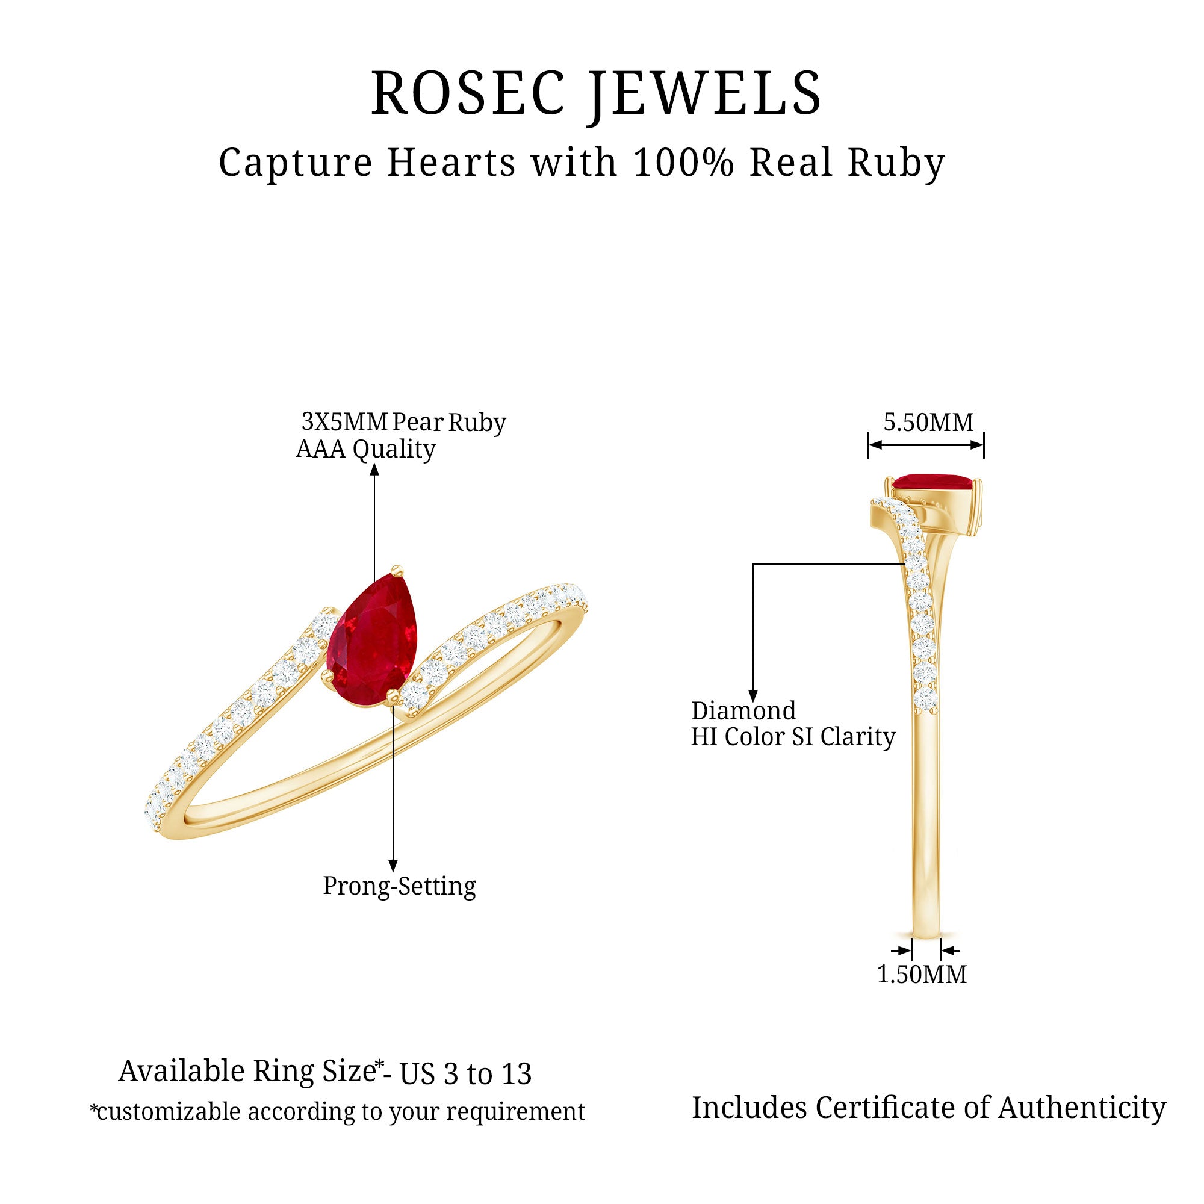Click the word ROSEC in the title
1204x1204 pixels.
pyautogui.click(x=468, y=93)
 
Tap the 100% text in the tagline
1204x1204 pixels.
pyautogui.click(x=684, y=163)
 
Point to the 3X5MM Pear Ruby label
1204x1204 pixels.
pyautogui.click(x=404, y=423)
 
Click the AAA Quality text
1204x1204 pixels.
pyautogui.click(x=365, y=449)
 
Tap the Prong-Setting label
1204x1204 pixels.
pyautogui.click(x=400, y=886)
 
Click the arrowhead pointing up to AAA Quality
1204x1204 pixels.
pyautogui.click(x=374, y=470)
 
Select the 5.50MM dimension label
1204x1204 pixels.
pyautogui.click(x=928, y=423)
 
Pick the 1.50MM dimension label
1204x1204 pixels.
pyautogui.click(x=922, y=975)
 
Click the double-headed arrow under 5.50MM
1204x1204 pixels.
pyautogui.click(x=926, y=445)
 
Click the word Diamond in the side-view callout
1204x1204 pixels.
pyautogui.click(x=743, y=711)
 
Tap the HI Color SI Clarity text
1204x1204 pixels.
pyautogui.click(x=793, y=737)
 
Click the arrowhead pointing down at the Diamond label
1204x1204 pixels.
pyautogui.click(x=753, y=696)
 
